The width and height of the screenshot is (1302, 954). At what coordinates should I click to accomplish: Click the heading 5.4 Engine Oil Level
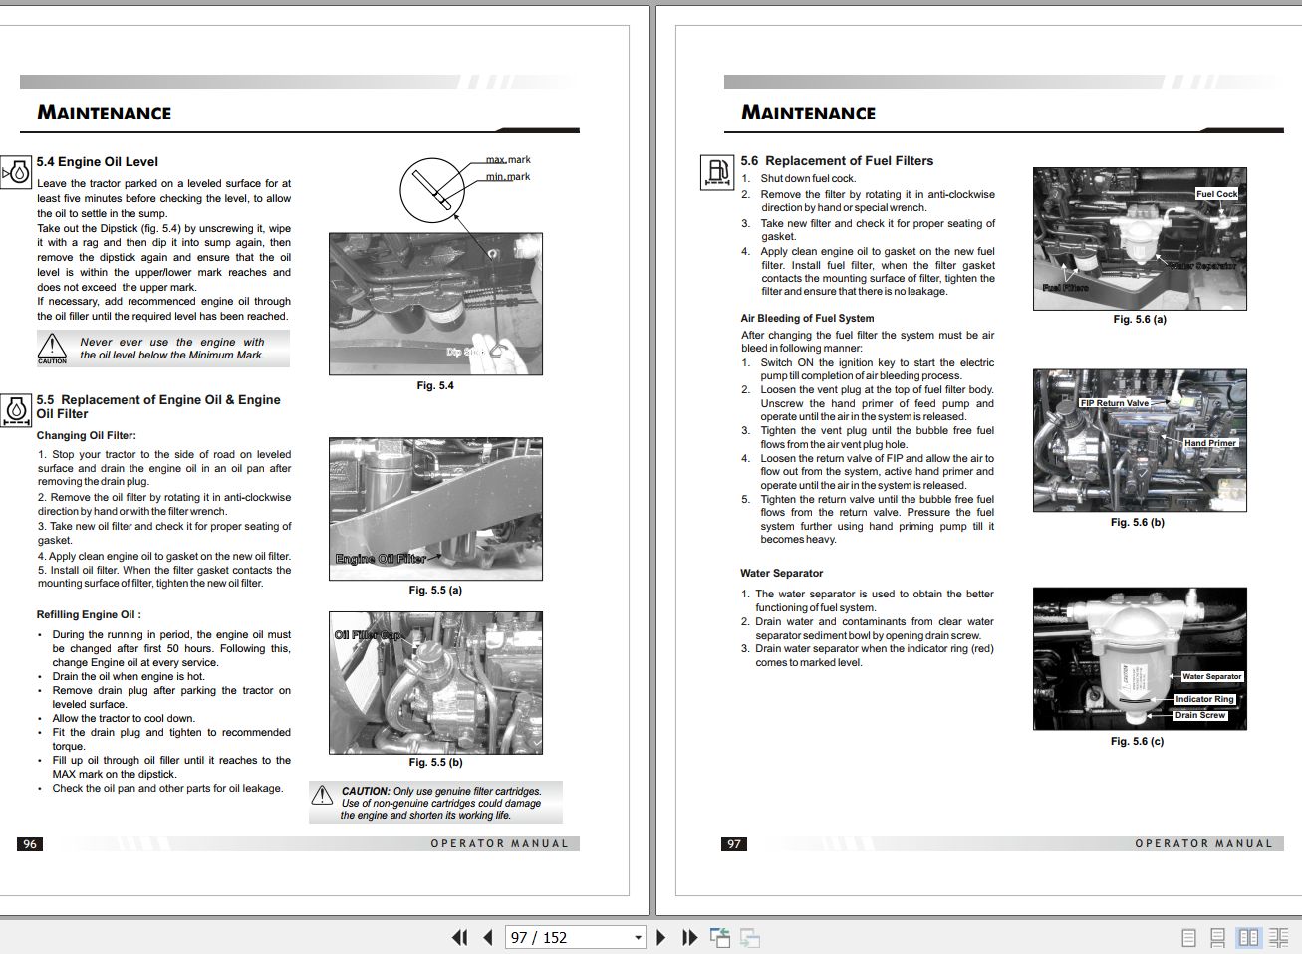pyautogui.click(x=98, y=162)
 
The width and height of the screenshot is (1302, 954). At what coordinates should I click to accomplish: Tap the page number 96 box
pyautogui.click(x=30, y=844)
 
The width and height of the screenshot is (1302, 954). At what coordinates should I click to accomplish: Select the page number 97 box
pyautogui.click(x=734, y=844)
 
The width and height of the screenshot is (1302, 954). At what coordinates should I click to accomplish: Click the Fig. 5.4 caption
pyautogui.click(x=435, y=386)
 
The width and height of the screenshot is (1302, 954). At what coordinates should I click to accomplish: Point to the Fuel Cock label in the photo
pyautogui.click(x=1216, y=194)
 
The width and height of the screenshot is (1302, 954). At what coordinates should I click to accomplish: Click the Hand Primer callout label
pyautogui.click(x=1209, y=443)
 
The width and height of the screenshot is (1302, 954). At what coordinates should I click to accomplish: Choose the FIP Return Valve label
pyautogui.click(x=1115, y=403)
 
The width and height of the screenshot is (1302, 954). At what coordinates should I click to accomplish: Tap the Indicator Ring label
pyautogui.click(x=1204, y=699)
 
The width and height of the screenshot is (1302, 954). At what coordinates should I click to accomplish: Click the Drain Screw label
pyautogui.click(x=1200, y=715)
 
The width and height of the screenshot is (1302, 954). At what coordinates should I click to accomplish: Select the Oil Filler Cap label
pyautogui.click(x=367, y=635)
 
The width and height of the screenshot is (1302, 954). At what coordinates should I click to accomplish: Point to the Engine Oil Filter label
pyautogui.click(x=381, y=559)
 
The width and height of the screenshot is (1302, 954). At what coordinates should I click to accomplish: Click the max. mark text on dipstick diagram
pyautogui.click(x=508, y=159)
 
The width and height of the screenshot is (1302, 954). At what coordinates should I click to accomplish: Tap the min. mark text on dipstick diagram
pyautogui.click(x=508, y=177)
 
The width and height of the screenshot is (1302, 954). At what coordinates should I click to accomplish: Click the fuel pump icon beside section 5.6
pyautogui.click(x=716, y=172)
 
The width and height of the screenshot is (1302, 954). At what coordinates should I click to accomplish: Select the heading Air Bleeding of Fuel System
pyautogui.click(x=807, y=319)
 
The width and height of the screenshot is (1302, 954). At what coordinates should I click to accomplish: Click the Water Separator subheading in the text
pyautogui.click(x=781, y=574)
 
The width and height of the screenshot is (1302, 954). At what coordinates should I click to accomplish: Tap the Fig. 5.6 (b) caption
pyautogui.click(x=1137, y=523)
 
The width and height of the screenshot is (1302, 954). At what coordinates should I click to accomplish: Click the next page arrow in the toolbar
pyautogui.click(x=660, y=937)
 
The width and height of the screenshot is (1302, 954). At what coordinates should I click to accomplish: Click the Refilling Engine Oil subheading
pyautogui.click(x=89, y=615)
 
